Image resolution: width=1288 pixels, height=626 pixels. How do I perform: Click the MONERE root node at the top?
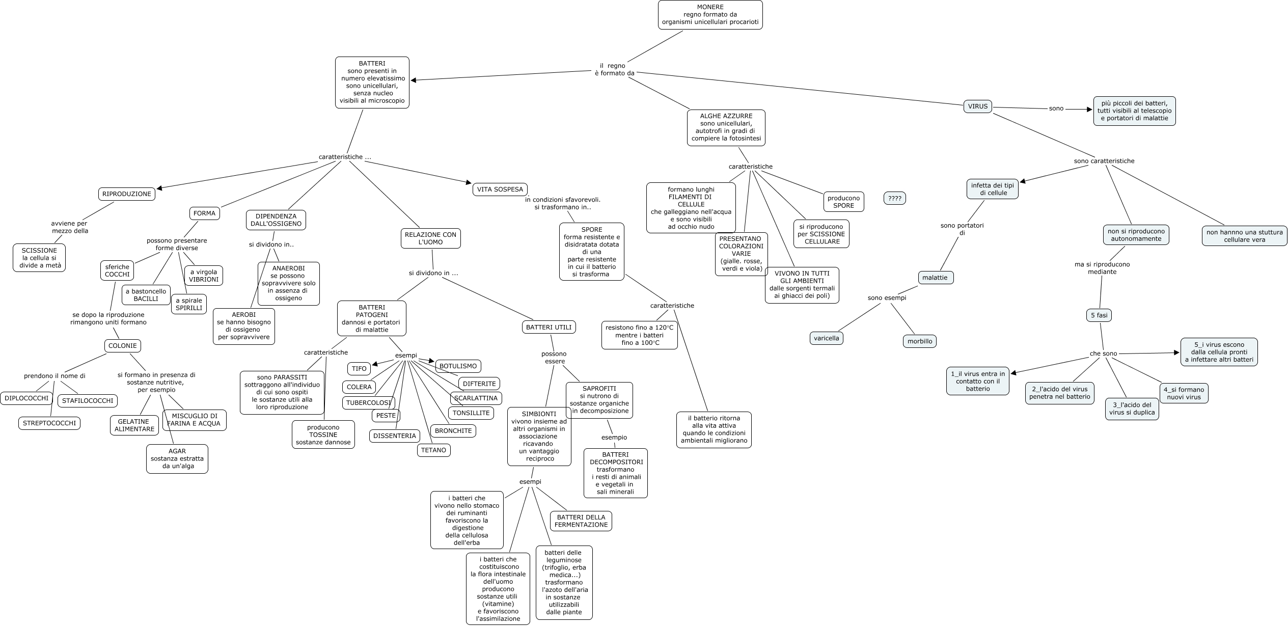710,15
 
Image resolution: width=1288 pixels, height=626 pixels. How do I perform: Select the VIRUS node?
977,106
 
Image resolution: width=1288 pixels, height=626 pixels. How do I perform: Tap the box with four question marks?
894,199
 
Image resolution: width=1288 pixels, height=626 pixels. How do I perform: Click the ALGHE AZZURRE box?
726,127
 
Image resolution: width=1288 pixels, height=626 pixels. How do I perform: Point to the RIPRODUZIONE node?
127,194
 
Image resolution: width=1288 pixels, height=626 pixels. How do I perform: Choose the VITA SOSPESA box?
500,189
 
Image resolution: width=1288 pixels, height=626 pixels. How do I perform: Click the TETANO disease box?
433,450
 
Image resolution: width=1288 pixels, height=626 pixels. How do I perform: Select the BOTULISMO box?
458,366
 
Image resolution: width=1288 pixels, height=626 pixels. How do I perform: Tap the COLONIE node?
123,346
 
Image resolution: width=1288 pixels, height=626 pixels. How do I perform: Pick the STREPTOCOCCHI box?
49,423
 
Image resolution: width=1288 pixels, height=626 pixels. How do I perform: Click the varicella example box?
826,338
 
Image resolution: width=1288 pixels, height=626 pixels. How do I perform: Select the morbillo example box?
920,341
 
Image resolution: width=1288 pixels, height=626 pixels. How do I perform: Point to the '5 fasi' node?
1099,315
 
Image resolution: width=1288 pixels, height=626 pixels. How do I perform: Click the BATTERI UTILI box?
549,327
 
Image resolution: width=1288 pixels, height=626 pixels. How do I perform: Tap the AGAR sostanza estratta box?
177,458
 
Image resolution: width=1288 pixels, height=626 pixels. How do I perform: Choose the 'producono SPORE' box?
843,202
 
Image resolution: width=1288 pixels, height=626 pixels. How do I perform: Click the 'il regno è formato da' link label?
615,69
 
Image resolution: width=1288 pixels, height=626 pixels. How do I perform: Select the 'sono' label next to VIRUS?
1056,108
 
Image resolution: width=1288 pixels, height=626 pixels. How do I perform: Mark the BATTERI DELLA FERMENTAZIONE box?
581,521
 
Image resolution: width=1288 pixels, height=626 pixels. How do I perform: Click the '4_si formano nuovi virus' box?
1184,393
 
